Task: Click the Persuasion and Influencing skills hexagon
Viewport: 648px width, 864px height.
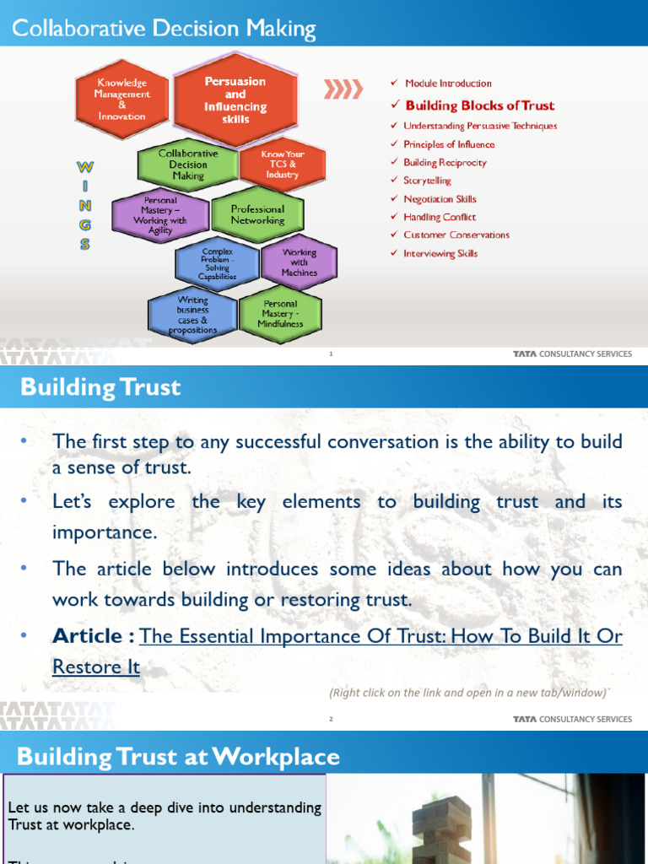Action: pos(235,100)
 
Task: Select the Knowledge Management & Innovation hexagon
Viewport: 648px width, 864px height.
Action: pos(121,100)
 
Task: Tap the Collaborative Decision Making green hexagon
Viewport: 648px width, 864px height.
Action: pos(188,165)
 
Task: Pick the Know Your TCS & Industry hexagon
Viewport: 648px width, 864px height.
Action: pos(283,165)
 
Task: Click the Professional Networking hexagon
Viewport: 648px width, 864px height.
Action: pos(257,215)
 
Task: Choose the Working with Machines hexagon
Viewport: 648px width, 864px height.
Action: pos(299,262)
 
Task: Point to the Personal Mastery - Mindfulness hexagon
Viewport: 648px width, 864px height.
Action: pos(280,314)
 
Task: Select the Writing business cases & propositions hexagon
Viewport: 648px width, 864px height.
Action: pos(192,315)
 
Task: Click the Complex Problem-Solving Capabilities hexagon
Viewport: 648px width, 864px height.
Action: pos(218,264)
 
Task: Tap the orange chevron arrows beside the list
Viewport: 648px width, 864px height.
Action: pos(343,89)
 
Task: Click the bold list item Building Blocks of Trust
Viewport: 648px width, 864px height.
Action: pos(479,105)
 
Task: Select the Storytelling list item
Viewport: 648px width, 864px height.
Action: pos(427,181)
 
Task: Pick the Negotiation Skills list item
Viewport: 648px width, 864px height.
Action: pos(440,199)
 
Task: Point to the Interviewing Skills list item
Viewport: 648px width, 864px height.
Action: pos(440,253)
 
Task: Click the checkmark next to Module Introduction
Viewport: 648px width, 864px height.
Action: pos(394,83)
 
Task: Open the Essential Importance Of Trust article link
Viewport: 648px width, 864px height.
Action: pos(381,636)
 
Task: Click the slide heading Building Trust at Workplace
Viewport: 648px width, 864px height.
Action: pos(178,756)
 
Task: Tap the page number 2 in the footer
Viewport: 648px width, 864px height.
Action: pos(332,720)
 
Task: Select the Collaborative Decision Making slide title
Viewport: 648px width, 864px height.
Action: pos(164,30)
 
